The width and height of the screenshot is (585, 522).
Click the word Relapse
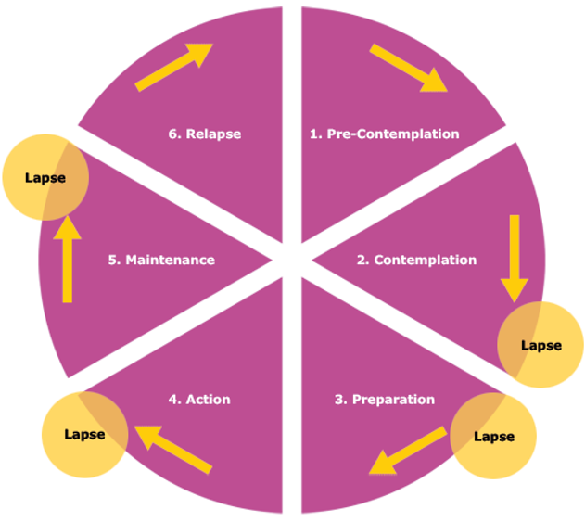click(213, 134)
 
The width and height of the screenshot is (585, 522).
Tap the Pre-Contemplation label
click(393, 134)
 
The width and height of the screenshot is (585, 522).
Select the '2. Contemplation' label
click(417, 260)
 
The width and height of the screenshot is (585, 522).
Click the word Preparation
click(394, 400)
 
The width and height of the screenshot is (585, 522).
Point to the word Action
click(209, 400)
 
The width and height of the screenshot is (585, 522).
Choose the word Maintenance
click(171, 260)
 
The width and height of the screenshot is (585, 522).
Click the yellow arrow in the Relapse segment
click(174, 67)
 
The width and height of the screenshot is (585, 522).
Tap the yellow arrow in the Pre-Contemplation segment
click(409, 68)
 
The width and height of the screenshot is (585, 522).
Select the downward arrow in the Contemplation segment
click(515, 259)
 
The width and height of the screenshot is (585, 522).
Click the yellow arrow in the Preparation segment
click(408, 451)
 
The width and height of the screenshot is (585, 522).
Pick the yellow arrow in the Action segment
click(173, 450)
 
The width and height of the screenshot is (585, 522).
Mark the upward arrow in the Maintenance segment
click(67, 259)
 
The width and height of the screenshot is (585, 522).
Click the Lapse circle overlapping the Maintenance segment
click(45, 177)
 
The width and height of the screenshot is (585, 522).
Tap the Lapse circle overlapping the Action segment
click(85, 435)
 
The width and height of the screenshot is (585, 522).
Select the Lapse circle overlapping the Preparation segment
click(493, 436)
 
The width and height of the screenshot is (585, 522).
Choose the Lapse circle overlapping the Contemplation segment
click(540, 345)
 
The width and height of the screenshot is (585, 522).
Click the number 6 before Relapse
click(172, 134)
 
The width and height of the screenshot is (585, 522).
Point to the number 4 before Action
click(173, 400)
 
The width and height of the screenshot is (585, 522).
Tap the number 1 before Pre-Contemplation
click(314, 134)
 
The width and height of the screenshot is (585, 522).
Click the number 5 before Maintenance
click(112, 260)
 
